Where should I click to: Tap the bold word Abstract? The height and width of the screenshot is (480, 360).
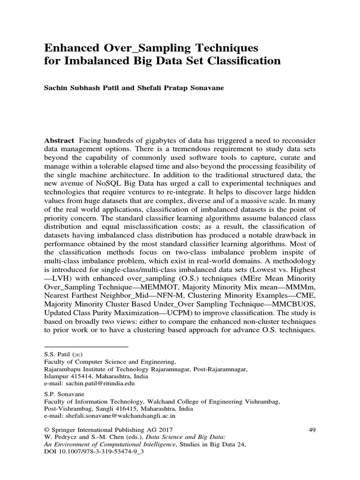(59, 141)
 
